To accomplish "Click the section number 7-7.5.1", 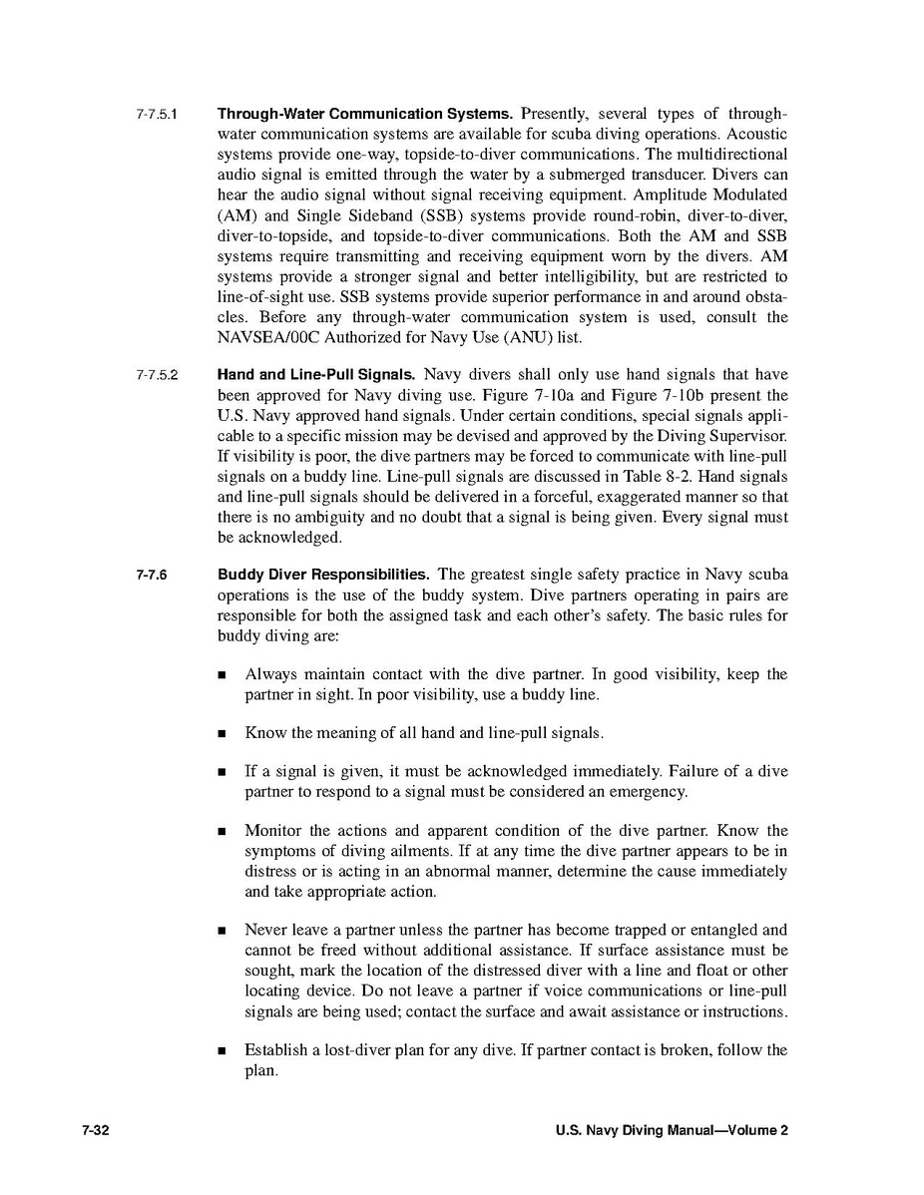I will (x=157, y=114).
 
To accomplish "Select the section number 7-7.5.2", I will (x=157, y=376).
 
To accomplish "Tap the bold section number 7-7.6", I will (x=153, y=576).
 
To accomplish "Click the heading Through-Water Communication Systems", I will (x=365, y=114).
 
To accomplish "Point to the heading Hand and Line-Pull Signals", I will (x=316, y=375).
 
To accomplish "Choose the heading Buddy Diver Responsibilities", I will (x=323, y=575).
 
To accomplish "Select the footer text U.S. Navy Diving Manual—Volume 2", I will (x=672, y=1130).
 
